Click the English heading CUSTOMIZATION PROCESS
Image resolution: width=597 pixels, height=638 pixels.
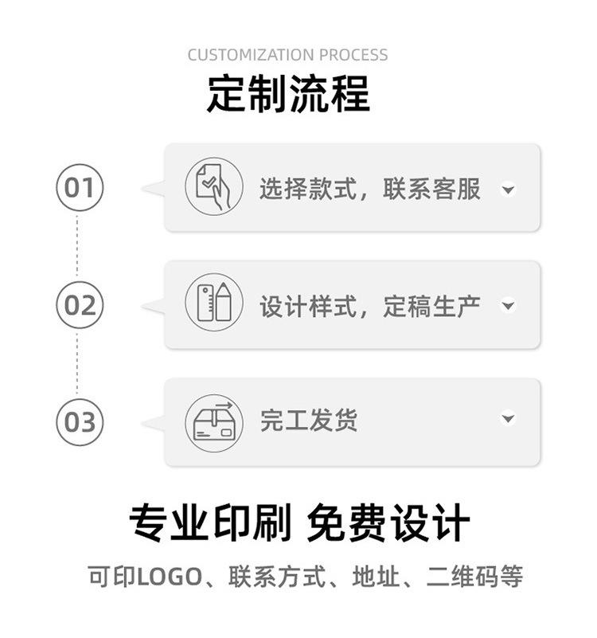(x=288, y=55)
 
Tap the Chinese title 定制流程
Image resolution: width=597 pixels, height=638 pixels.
(x=288, y=93)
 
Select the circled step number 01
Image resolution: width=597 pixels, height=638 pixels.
(x=80, y=188)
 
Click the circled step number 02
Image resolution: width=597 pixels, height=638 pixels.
(x=80, y=305)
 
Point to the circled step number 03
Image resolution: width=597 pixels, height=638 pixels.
(x=80, y=421)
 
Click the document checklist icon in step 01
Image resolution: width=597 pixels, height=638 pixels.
(x=214, y=187)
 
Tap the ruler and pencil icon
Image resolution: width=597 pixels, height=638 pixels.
(x=214, y=303)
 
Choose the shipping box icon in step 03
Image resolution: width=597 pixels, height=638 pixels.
(x=214, y=421)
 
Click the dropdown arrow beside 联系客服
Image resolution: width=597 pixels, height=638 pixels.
(x=509, y=190)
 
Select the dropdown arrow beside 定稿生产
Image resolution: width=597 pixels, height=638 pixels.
(x=509, y=306)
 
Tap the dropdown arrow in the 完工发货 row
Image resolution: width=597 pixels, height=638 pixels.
(x=509, y=419)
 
